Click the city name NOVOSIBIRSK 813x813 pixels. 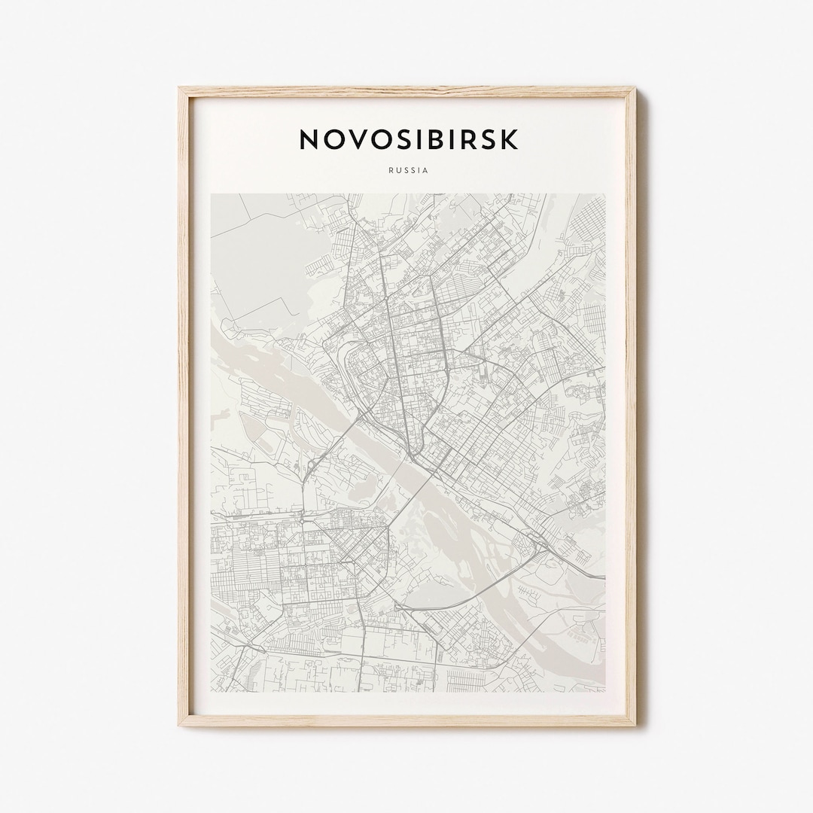[408, 139]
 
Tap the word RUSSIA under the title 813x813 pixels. [408, 170]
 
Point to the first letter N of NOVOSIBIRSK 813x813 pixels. [309, 139]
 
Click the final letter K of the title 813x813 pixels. [510, 139]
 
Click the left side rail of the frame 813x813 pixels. [184, 406]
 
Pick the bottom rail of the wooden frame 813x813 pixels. [407, 720]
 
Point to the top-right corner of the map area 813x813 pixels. [604, 195]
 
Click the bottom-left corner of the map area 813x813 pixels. [212, 691]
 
